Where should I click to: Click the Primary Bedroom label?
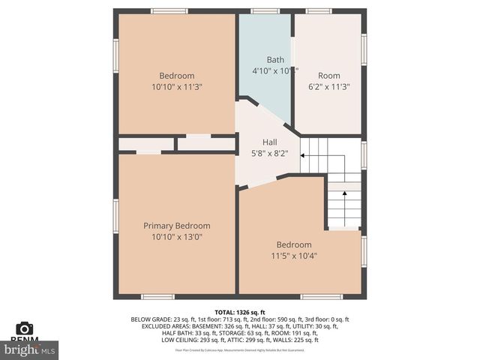coord(177,226)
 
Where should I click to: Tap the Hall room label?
coord(270,142)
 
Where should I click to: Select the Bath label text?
coord(275,60)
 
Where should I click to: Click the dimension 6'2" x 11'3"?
coord(328,86)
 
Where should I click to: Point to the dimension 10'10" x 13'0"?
coord(177,237)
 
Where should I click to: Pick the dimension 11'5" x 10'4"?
coord(294,256)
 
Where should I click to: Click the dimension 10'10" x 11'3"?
coord(177,86)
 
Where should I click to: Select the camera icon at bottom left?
coord(25,328)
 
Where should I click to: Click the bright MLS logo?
coord(30,349)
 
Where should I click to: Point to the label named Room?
coord(328,76)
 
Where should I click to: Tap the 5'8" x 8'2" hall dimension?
coord(270,153)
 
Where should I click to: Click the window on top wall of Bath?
coord(265,11)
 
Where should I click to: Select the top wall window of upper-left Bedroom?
coord(169,11)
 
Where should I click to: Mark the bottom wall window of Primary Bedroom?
coord(157,297)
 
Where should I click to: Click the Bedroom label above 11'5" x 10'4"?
coord(294,245)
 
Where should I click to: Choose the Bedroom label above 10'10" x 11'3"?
coord(177,76)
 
